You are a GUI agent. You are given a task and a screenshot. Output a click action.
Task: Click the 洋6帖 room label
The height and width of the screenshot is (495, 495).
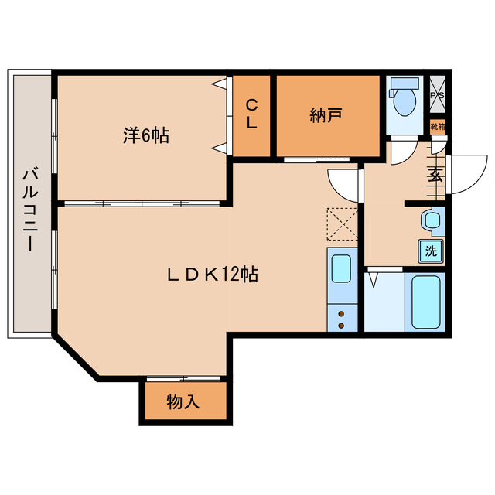145,136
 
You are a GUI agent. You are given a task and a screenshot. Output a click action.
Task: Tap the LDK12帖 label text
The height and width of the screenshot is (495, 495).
213,274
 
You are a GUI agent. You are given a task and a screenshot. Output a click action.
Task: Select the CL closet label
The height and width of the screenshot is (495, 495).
252,114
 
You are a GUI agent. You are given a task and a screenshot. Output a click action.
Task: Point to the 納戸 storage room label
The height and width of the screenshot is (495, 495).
326,116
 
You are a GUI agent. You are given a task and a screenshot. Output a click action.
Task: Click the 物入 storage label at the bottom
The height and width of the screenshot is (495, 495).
183,402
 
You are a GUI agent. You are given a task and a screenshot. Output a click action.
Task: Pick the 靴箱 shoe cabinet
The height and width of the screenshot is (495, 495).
438,126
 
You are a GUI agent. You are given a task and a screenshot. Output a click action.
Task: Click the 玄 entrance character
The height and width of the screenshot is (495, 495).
435,175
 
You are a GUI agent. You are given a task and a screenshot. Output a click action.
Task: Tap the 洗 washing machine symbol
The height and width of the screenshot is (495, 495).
432,250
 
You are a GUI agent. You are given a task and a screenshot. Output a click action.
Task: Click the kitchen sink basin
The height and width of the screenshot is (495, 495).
341,268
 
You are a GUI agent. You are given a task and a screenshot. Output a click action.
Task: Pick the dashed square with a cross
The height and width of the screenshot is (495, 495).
342,224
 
